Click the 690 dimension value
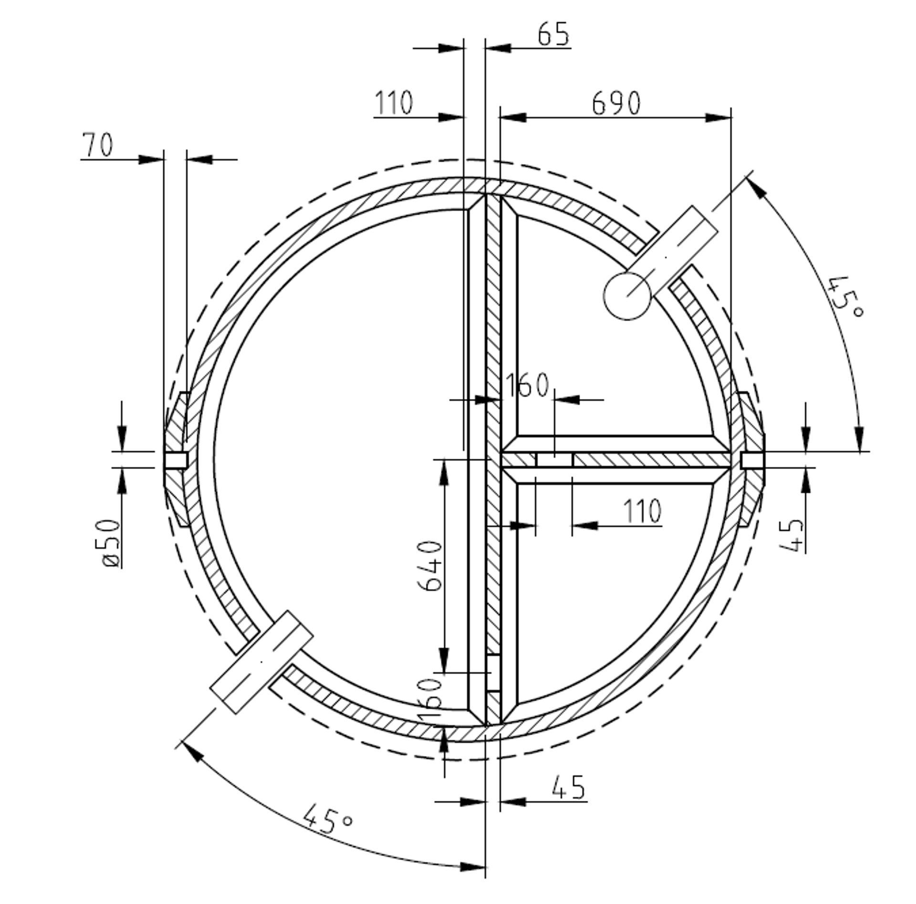click(616, 103)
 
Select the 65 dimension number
click(553, 35)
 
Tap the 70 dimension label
click(98, 145)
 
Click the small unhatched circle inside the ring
click(627, 296)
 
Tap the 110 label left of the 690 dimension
click(394, 103)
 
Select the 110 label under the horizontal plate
click(642, 511)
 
